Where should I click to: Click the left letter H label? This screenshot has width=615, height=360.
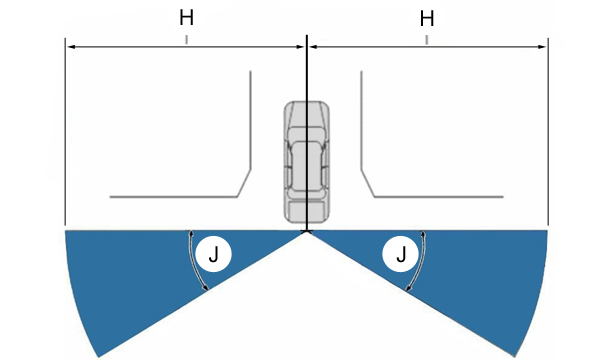[186, 18]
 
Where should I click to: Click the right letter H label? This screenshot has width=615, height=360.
[427, 19]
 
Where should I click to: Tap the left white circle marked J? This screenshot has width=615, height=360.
[213, 254]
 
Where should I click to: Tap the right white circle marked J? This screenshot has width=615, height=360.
[400, 254]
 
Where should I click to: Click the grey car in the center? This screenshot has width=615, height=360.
[307, 162]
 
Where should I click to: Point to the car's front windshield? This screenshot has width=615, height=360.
[307, 118]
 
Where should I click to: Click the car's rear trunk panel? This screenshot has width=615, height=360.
[306, 211]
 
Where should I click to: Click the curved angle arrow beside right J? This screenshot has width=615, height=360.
[420, 261]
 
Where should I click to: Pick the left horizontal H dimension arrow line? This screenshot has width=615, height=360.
[186, 47]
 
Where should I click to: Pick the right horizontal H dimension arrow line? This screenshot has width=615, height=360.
[427, 47]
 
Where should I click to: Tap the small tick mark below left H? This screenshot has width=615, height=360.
[186, 40]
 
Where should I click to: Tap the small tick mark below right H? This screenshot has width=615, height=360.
[427, 40]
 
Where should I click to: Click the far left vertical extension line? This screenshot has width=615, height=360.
[65, 132]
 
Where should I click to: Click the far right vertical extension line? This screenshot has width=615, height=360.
[548, 132]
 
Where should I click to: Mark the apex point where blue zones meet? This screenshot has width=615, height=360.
[307, 231]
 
